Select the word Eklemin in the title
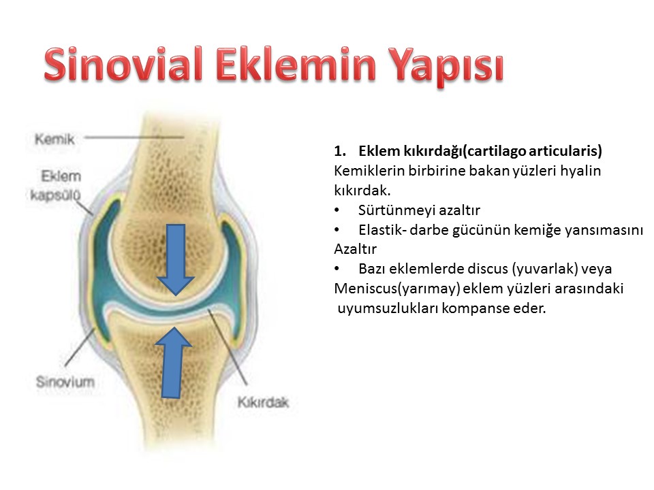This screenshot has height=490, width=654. point(296,64)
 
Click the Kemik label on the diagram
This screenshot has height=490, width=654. point(54,139)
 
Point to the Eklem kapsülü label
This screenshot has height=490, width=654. point(56,185)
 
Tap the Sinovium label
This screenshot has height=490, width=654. point(65,382)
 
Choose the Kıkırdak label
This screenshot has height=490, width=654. point(263,402)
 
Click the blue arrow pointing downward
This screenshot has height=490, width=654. point(176,259)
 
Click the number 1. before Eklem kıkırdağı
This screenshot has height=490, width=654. point(339,151)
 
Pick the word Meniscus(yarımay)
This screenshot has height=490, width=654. point(397,289)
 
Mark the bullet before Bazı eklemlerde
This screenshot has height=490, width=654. point(337,269)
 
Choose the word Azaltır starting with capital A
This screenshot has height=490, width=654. point(356,249)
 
